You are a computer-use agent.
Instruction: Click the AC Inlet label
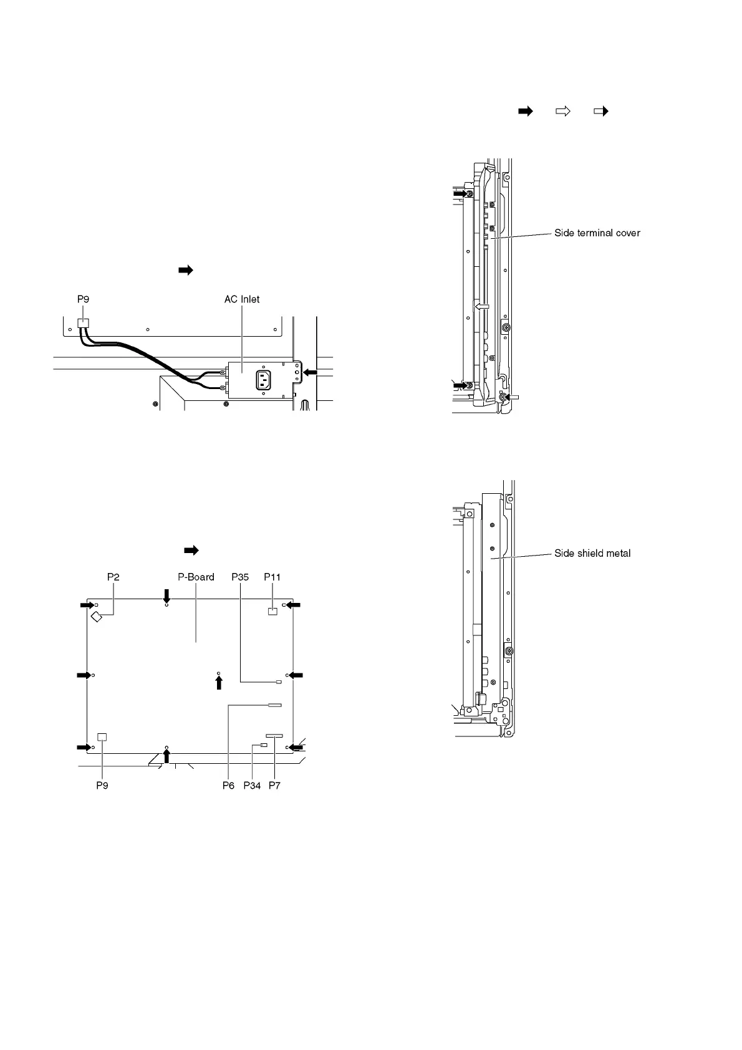tap(242, 299)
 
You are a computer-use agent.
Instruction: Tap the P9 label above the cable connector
tap(83, 299)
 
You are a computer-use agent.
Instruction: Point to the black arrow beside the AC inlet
tap(310, 372)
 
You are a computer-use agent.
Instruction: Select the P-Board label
tap(196, 577)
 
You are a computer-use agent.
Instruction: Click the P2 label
tap(113, 577)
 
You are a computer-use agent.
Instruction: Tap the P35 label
tap(240, 577)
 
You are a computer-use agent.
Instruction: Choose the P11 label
tap(272, 577)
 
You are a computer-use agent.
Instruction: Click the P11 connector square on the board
tap(272, 612)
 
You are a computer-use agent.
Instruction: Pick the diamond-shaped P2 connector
tap(97, 617)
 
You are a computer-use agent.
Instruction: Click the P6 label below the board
tap(228, 786)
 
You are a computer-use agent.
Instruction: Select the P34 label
tap(252, 786)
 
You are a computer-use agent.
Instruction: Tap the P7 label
tap(274, 786)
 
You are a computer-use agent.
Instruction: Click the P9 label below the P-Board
tap(102, 786)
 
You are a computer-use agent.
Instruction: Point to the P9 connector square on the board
tap(102, 736)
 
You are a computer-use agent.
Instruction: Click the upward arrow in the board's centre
tap(218, 683)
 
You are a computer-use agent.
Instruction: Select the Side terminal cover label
tap(597, 233)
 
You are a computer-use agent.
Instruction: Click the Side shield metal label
tap(592, 553)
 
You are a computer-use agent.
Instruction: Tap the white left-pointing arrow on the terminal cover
tap(481, 307)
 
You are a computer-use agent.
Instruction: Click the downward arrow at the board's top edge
tap(166, 595)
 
